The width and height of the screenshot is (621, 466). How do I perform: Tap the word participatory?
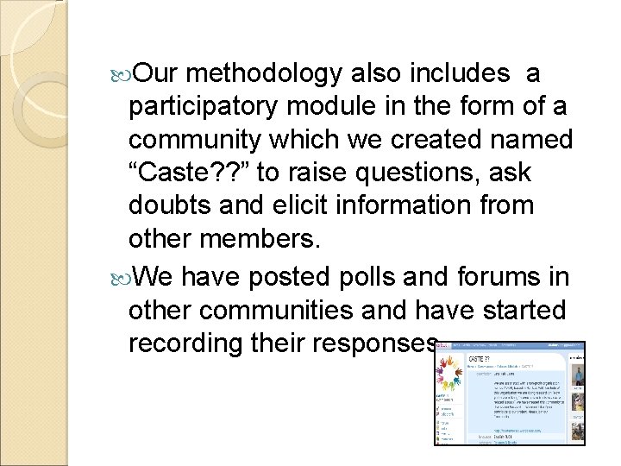(x=202, y=108)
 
